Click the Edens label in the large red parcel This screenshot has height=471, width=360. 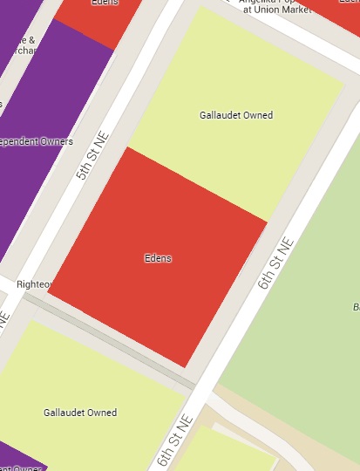[x=158, y=258]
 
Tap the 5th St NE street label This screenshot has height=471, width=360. [x=89, y=155]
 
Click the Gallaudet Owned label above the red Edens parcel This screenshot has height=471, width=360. [x=236, y=115]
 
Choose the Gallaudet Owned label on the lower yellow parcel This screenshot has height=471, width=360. [x=80, y=412]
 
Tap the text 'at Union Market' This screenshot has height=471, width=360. [x=271, y=10]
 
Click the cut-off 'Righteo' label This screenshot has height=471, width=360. [x=36, y=284]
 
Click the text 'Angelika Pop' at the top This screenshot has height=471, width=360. [x=271, y=2]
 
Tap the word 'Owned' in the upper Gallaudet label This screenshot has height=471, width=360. [x=259, y=115]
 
